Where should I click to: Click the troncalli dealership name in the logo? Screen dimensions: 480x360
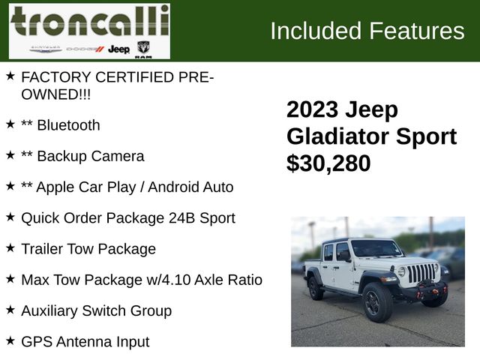(90, 21)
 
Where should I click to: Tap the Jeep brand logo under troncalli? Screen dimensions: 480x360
(118, 49)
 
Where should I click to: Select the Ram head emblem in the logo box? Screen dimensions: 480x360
(143, 48)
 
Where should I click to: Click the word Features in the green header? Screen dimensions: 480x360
(417, 31)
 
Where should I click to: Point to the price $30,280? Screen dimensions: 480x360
(328, 163)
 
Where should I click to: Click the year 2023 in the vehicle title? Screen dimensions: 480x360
(312, 109)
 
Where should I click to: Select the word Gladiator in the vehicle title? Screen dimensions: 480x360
(338, 136)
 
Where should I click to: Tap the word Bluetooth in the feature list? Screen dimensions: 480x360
(68, 125)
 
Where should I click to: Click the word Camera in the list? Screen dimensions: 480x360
(118, 156)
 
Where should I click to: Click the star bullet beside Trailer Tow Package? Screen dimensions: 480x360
(10, 247)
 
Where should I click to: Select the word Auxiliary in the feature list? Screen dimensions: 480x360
(49, 311)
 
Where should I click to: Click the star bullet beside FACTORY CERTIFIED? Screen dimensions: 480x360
(10, 76)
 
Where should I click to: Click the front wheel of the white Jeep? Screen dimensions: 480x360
(377, 302)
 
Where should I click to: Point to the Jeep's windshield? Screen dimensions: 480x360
(376, 248)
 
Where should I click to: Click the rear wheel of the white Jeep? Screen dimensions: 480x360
(316, 288)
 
